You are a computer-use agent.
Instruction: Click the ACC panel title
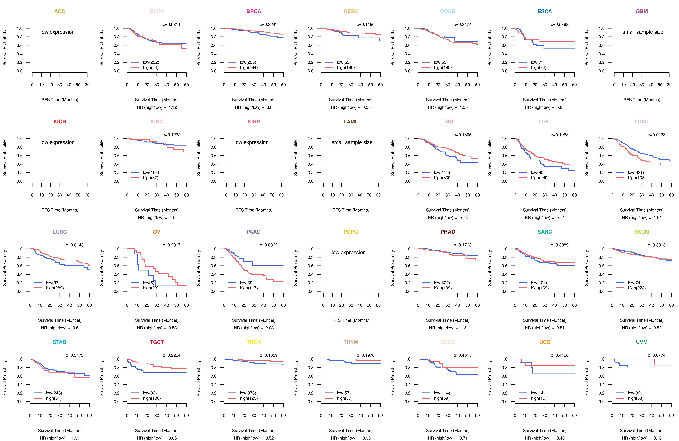click(60, 11)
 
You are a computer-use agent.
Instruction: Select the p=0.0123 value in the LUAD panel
click(656, 135)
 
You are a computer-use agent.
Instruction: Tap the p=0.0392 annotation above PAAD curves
click(268, 245)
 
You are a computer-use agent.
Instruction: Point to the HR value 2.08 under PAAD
click(269, 328)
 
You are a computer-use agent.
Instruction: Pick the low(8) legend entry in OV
click(148, 283)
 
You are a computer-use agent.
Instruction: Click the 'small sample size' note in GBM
click(643, 32)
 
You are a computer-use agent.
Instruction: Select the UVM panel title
click(642, 342)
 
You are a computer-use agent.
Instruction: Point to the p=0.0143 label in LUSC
click(74, 245)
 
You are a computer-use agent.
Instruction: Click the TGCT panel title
click(157, 342)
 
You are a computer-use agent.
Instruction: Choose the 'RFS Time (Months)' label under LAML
click(351, 210)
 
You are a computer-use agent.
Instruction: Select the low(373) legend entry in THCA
click(248, 393)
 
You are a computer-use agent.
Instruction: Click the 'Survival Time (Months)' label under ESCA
click(545, 100)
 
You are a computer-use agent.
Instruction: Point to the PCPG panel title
click(351, 232)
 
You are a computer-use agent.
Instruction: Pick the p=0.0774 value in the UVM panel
click(656, 356)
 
